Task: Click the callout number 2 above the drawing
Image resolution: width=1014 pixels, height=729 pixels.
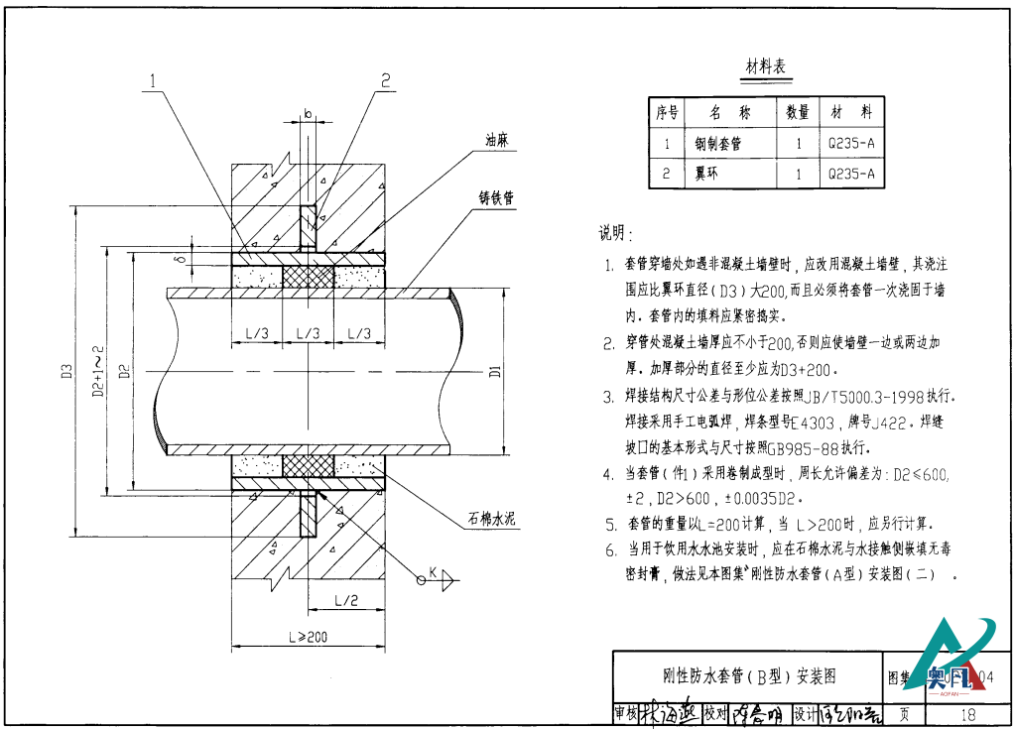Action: pyautogui.click(x=385, y=80)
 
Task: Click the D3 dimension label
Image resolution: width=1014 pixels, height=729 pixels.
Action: pyautogui.click(x=65, y=373)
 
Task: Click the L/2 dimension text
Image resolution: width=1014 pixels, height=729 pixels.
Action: pyautogui.click(x=346, y=600)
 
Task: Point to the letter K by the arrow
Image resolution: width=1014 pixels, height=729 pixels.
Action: pyautogui.click(x=433, y=571)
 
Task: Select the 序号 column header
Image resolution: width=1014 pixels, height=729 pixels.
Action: pyautogui.click(x=667, y=113)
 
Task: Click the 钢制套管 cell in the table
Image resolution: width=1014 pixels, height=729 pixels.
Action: pyautogui.click(x=724, y=144)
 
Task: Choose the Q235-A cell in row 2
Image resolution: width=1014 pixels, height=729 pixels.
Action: pyautogui.click(x=851, y=174)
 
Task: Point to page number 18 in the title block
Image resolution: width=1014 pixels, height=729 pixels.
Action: pyautogui.click(x=968, y=714)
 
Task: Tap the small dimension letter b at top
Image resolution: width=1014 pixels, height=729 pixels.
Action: pyautogui.click(x=309, y=115)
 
